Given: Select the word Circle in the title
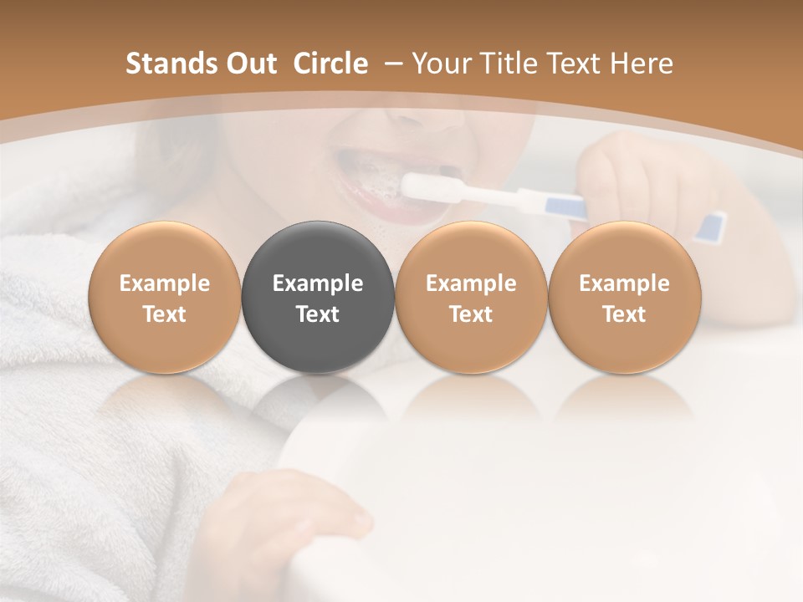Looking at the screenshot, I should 330,64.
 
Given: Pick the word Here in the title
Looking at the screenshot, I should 642,64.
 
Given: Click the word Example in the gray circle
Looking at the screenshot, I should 318,283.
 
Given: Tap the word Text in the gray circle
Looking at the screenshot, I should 318,314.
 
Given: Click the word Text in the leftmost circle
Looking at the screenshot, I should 165,314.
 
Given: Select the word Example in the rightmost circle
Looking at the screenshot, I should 624,283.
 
